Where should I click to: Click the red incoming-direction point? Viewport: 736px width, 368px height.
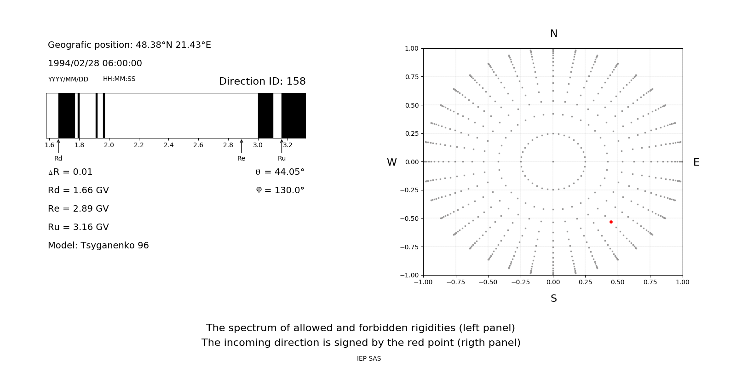611,222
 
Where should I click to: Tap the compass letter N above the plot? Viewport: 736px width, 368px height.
554,34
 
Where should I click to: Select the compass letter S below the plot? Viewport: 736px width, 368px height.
554,299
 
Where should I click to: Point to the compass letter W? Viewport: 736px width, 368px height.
391,162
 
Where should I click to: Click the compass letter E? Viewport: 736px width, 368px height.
696,162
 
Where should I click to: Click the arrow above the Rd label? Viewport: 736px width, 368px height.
58,146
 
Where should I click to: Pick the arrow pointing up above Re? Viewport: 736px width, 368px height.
241,146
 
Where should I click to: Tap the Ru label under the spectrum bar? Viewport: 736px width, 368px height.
282,158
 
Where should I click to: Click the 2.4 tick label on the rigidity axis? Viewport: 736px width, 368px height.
168,145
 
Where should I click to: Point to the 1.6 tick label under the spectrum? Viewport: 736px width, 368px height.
49,145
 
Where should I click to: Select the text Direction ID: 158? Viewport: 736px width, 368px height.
262,81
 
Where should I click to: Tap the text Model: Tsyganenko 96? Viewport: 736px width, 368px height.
98,246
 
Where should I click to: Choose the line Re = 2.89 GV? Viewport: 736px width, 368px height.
78,209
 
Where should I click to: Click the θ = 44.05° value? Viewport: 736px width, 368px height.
280,172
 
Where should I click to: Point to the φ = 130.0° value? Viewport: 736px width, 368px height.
280,190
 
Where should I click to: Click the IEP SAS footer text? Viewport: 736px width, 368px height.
369,358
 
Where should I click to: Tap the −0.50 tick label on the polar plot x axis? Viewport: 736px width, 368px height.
488,282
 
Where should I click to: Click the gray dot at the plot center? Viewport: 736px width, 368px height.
553,161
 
